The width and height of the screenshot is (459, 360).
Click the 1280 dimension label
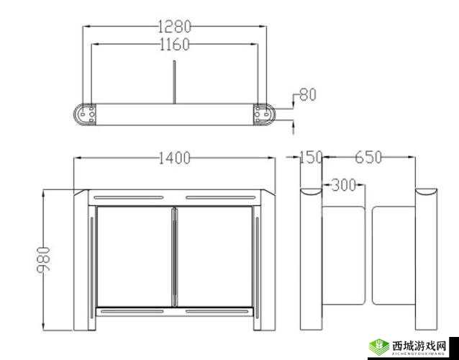click(x=173, y=27)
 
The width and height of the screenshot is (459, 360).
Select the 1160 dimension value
click(x=173, y=45)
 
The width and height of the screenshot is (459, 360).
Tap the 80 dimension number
click(x=307, y=94)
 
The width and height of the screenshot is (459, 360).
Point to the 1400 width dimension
click(x=173, y=158)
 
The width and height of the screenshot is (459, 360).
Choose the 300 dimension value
click(x=345, y=186)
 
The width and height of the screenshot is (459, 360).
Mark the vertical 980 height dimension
click(x=42, y=260)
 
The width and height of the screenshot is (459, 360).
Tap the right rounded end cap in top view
click(x=264, y=114)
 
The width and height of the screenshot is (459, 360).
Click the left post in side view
click(x=310, y=266)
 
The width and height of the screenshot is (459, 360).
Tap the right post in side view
click(x=427, y=266)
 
